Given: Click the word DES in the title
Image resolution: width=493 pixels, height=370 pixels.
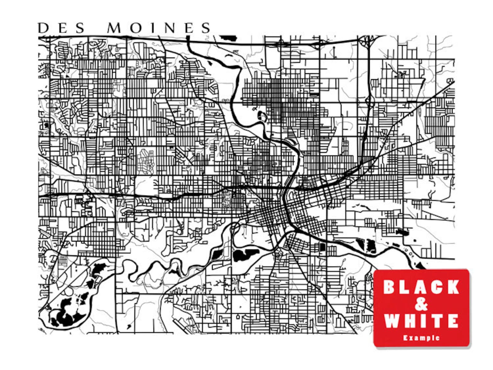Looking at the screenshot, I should pos(61,28).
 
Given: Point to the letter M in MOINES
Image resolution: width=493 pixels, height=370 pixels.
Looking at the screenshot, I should pos(115,28).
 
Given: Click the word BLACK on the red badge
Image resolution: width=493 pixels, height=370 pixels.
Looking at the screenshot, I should pos(421,287).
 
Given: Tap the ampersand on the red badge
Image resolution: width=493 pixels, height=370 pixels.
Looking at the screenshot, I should pos(421,304).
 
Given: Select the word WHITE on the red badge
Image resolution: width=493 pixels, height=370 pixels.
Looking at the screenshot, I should pos(421,321).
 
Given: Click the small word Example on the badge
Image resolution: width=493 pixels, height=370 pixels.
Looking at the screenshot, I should pos(421,338).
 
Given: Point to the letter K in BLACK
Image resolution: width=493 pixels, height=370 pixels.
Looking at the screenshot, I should pos(453,287).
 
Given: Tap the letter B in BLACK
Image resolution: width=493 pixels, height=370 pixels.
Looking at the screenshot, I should pos(389,287).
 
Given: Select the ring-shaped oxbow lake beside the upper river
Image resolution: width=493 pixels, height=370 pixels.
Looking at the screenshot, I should pos(262,117).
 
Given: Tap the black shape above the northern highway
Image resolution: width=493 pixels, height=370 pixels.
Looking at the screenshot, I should pos(229,38).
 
